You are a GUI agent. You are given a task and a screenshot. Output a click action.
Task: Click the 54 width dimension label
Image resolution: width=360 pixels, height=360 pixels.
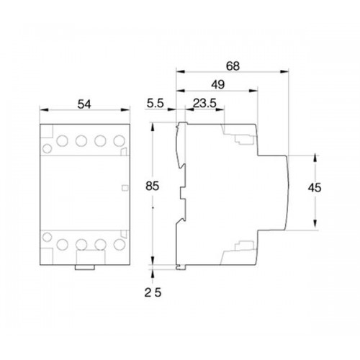(85, 104)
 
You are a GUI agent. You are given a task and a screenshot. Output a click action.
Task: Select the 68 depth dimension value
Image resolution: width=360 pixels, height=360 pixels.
(232, 66)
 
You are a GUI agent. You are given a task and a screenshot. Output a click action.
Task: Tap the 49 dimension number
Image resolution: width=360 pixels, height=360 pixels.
(216, 84)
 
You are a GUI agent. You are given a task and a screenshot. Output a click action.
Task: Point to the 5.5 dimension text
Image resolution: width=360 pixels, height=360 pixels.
(155, 104)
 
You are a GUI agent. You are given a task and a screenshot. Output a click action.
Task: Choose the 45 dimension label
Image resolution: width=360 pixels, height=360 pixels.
(313, 189)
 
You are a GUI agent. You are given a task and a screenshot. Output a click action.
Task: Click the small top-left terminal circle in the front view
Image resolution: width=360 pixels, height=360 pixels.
(47, 149)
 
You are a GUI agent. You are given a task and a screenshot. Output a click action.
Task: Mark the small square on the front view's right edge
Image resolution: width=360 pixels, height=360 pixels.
(125, 189)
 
